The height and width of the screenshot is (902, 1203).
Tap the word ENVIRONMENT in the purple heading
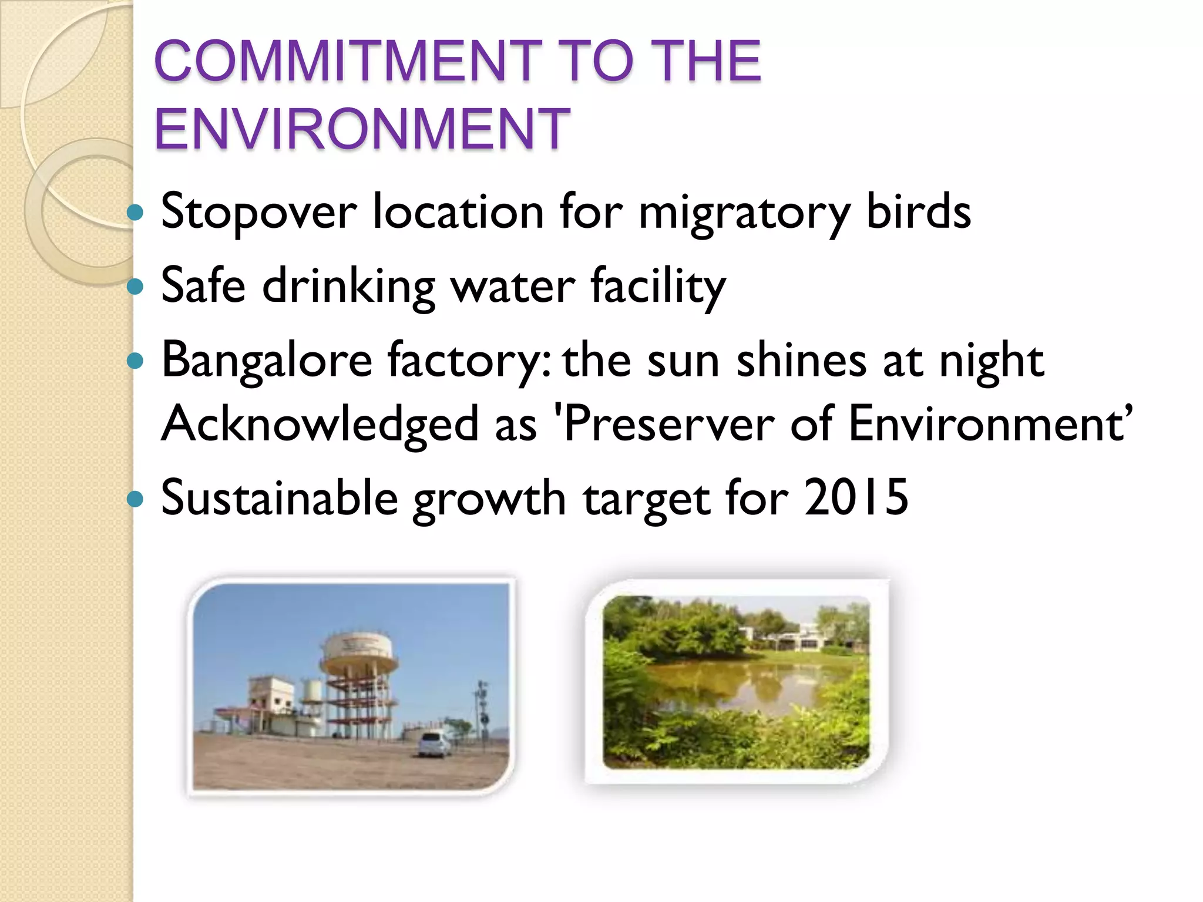coord(362,129)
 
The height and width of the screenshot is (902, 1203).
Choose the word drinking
coord(348,287)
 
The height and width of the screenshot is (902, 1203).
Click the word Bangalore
coord(267,362)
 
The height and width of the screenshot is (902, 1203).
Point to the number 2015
coord(856,498)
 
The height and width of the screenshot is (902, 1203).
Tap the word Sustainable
coord(280,498)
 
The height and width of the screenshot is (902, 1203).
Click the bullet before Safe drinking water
coord(136,287)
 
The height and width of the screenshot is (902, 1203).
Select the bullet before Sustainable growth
coord(136,499)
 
